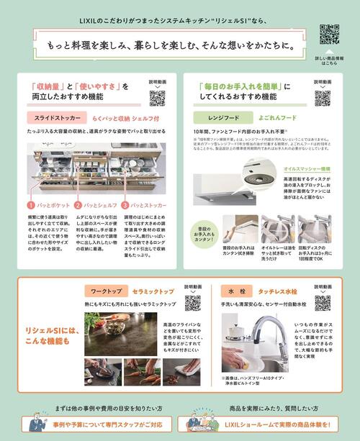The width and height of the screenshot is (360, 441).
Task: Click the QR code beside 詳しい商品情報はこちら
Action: click(x=330, y=35)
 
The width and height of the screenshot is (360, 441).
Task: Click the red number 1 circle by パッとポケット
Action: click(x=32, y=205)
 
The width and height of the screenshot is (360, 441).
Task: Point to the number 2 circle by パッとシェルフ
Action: click(x=78, y=205)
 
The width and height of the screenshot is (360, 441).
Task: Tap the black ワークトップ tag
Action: click(x=106, y=293)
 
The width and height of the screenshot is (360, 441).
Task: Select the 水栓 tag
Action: click(x=241, y=293)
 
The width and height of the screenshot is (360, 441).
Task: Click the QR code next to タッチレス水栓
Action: click(x=323, y=302)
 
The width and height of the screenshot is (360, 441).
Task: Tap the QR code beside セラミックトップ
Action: click(x=192, y=302)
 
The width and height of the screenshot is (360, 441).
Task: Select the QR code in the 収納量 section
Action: click(x=157, y=98)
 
